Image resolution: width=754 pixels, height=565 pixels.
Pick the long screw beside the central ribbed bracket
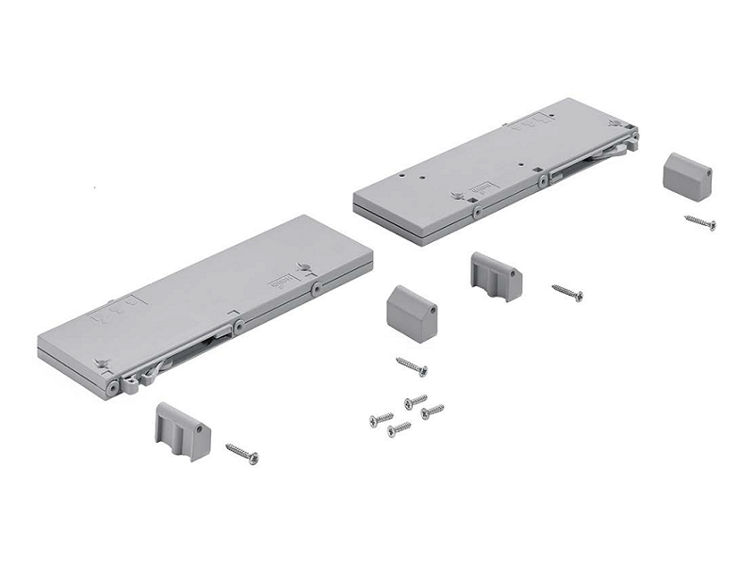coord(567,293)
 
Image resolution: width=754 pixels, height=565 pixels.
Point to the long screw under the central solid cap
coord(412,365)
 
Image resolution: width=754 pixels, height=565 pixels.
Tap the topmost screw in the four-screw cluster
coord(415,401)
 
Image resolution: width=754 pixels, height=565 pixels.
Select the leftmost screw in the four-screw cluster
coord(382,418)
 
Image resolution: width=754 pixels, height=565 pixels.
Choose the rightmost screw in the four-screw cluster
coord(432,412)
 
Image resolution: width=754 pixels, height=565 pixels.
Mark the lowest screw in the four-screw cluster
coord(400,429)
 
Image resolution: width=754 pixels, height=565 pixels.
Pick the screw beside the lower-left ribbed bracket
coord(242,454)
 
